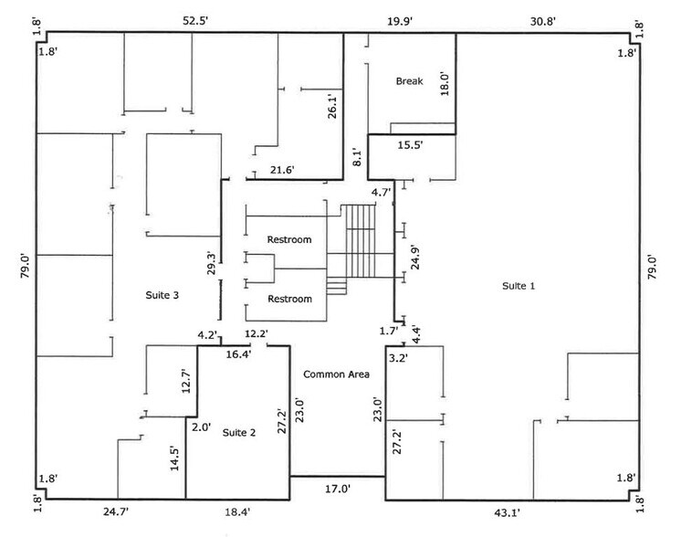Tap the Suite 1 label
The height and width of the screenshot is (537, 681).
tap(519, 286)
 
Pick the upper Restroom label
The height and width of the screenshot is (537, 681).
tap(289, 240)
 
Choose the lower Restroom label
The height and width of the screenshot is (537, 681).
tap(289, 300)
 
